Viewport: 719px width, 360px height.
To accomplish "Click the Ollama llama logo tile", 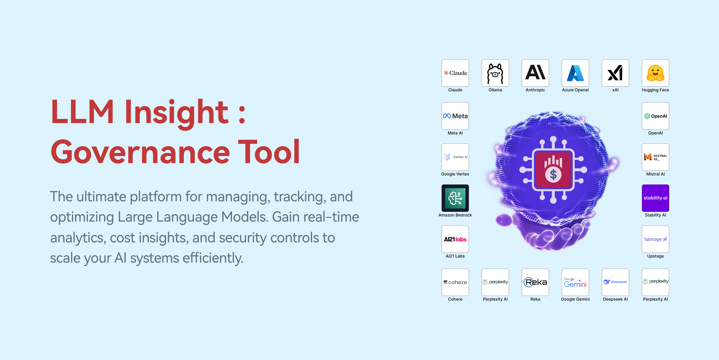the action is coord(495,73).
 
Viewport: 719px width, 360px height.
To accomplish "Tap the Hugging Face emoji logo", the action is coord(655,73).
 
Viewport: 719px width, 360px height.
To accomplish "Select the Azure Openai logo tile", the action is coord(575,73).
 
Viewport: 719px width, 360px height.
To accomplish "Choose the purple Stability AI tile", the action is coord(655,198).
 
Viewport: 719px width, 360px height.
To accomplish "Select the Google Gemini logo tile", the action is coord(575,282).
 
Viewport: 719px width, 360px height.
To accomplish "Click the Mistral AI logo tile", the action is coord(655,157).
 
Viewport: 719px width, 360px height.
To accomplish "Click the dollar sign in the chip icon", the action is coord(553,175).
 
